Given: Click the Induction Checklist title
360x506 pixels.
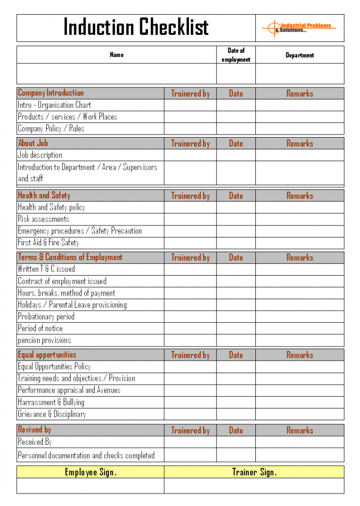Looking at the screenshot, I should click(x=136, y=27).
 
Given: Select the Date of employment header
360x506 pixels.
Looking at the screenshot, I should click(x=236, y=55).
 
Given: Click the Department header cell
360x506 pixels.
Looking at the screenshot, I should click(x=300, y=55).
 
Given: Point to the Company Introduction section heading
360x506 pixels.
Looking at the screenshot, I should click(x=51, y=93).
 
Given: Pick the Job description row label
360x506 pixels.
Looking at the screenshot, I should click(x=40, y=155).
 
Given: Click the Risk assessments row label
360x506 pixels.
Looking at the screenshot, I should click(x=43, y=219).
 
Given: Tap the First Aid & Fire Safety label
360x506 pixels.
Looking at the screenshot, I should click(x=48, y=243).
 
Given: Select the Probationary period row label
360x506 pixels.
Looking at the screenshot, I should click(x=46, y=317).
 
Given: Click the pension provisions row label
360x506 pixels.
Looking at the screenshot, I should click(x=44, y=340).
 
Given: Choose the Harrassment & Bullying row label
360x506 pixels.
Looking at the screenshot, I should click(x=51, y=402).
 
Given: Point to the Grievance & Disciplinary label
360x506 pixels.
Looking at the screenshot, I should click(x=52, y=414).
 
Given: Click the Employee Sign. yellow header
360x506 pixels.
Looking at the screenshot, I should click(x=91, y=472).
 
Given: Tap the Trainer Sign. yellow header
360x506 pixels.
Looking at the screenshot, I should click(x=254, y=472).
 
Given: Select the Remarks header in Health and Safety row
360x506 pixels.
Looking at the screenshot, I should click(x=300, y=196).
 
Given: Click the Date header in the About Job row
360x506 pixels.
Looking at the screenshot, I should click(x=236, y=143).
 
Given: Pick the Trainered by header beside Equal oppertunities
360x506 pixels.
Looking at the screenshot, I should click(x=190, y=355).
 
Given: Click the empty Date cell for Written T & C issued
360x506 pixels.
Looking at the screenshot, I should click(x=236, y=269).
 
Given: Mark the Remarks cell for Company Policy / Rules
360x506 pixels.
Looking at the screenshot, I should click(x=300, y=129).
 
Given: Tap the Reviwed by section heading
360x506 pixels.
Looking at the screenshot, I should click(x=35, y=430).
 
